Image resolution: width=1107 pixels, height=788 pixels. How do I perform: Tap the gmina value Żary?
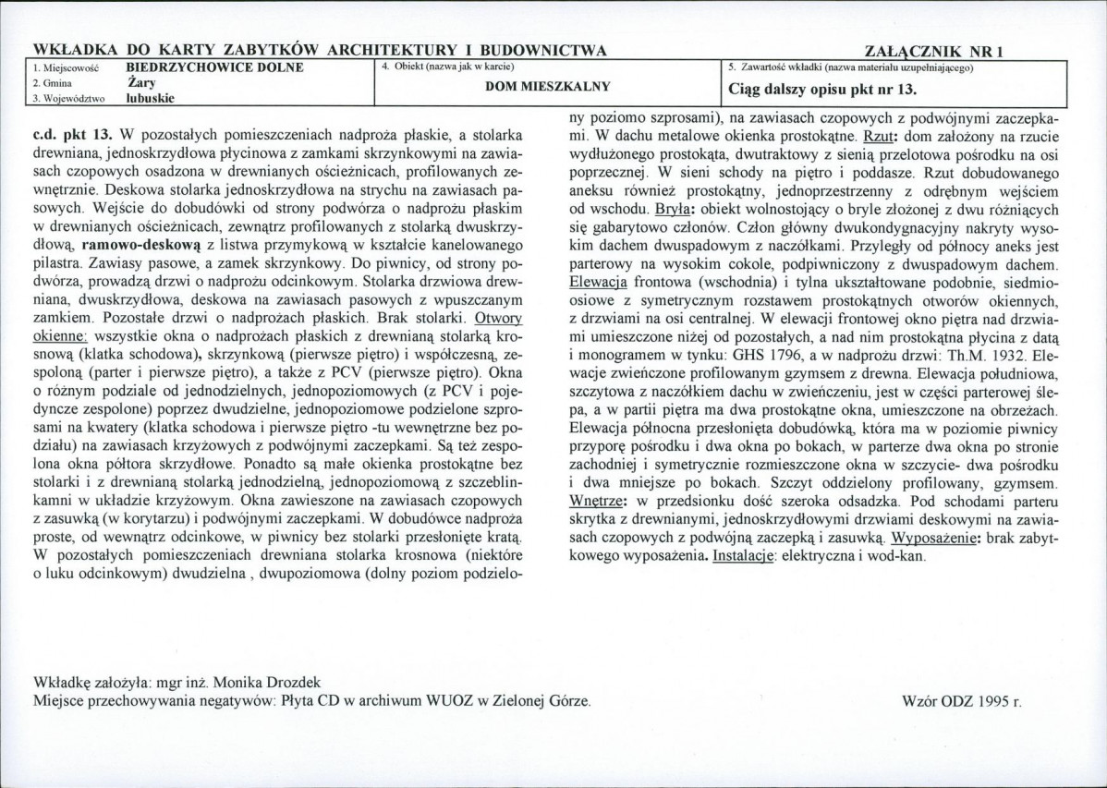pos(140,81)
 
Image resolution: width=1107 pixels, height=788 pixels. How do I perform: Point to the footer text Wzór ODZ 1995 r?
pos(961,700)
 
